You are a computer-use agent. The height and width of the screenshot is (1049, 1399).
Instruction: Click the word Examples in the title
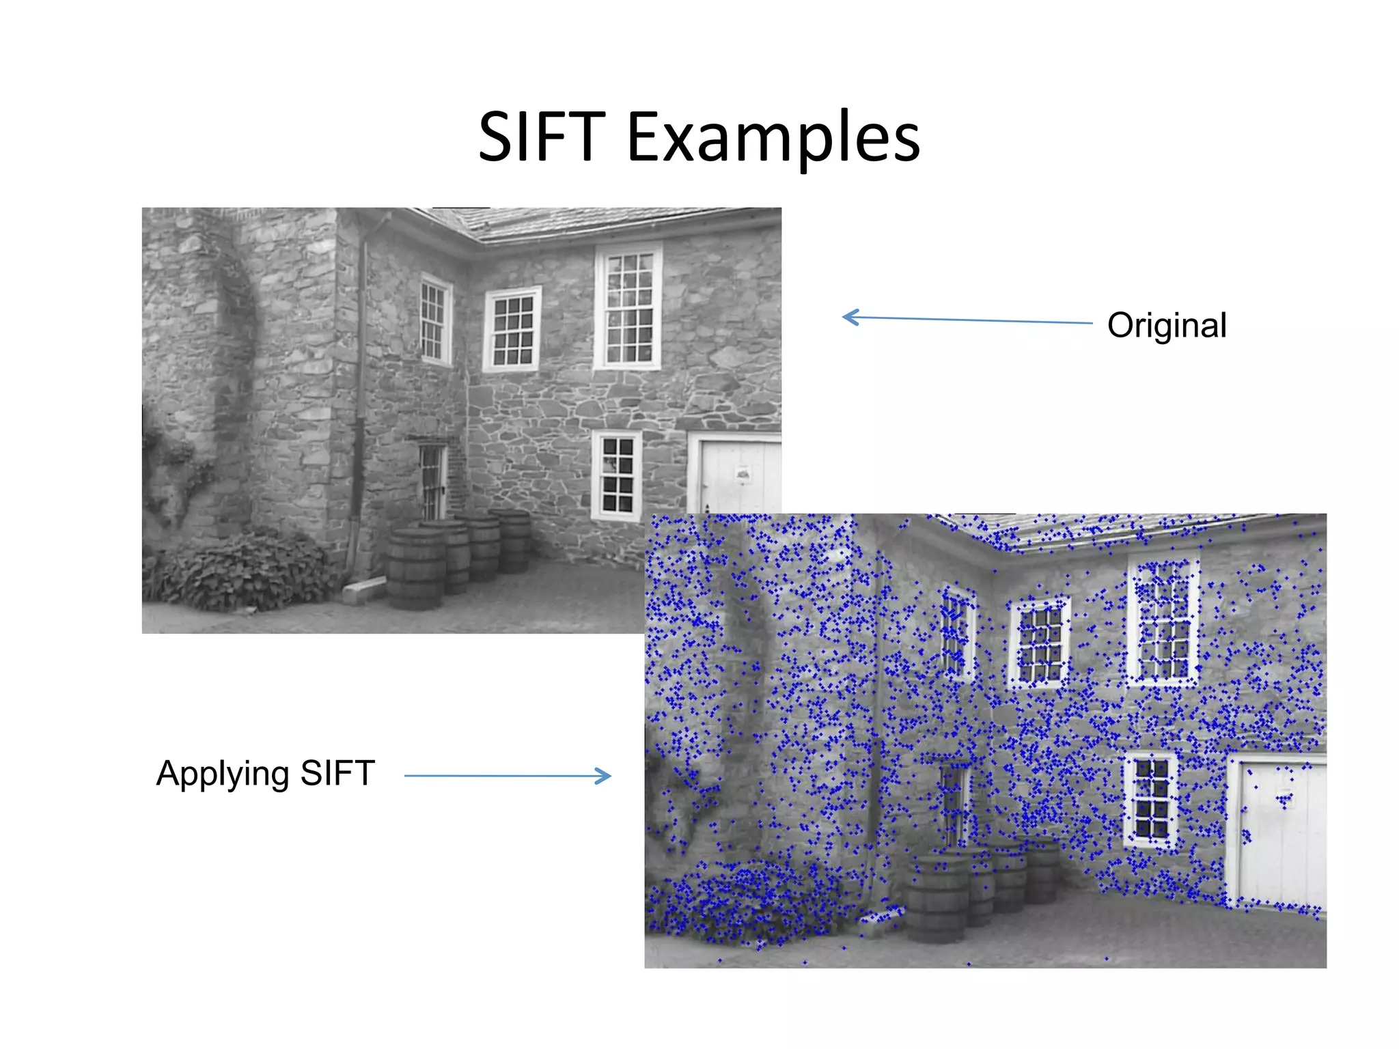click(x=773, y=139)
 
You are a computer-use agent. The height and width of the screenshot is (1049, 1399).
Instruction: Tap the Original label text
click(x=1167, y=325)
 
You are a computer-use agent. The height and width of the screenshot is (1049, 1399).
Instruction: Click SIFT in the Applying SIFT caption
click(x=337, y=773)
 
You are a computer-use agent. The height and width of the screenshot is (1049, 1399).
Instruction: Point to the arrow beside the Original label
click(x=966, y=319)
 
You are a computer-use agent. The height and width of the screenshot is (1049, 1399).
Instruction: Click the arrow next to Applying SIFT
click(x=508, y=776)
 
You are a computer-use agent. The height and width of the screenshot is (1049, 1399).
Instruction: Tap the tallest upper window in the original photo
click(x=628, y=307)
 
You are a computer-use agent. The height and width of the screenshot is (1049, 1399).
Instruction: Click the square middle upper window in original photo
click(x=512, y=329)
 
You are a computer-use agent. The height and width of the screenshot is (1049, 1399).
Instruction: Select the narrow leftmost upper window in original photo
click(x=434, y=320)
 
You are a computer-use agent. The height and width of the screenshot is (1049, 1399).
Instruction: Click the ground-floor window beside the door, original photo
click(x=617, y=475)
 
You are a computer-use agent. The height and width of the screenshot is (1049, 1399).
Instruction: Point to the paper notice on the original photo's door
click(x=743, y=473)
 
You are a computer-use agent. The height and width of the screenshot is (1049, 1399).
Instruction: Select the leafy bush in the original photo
click(x=246, y=572)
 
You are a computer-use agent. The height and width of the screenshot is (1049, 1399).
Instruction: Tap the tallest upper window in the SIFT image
click(x=1163, y=621)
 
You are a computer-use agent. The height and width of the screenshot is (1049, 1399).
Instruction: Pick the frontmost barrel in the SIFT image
click(x=937, y=900)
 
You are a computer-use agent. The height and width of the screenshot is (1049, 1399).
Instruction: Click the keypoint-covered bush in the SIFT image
click(x=745, y=901)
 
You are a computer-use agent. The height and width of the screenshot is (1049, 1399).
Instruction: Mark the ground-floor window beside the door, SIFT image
click(x=1151, y=799)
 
